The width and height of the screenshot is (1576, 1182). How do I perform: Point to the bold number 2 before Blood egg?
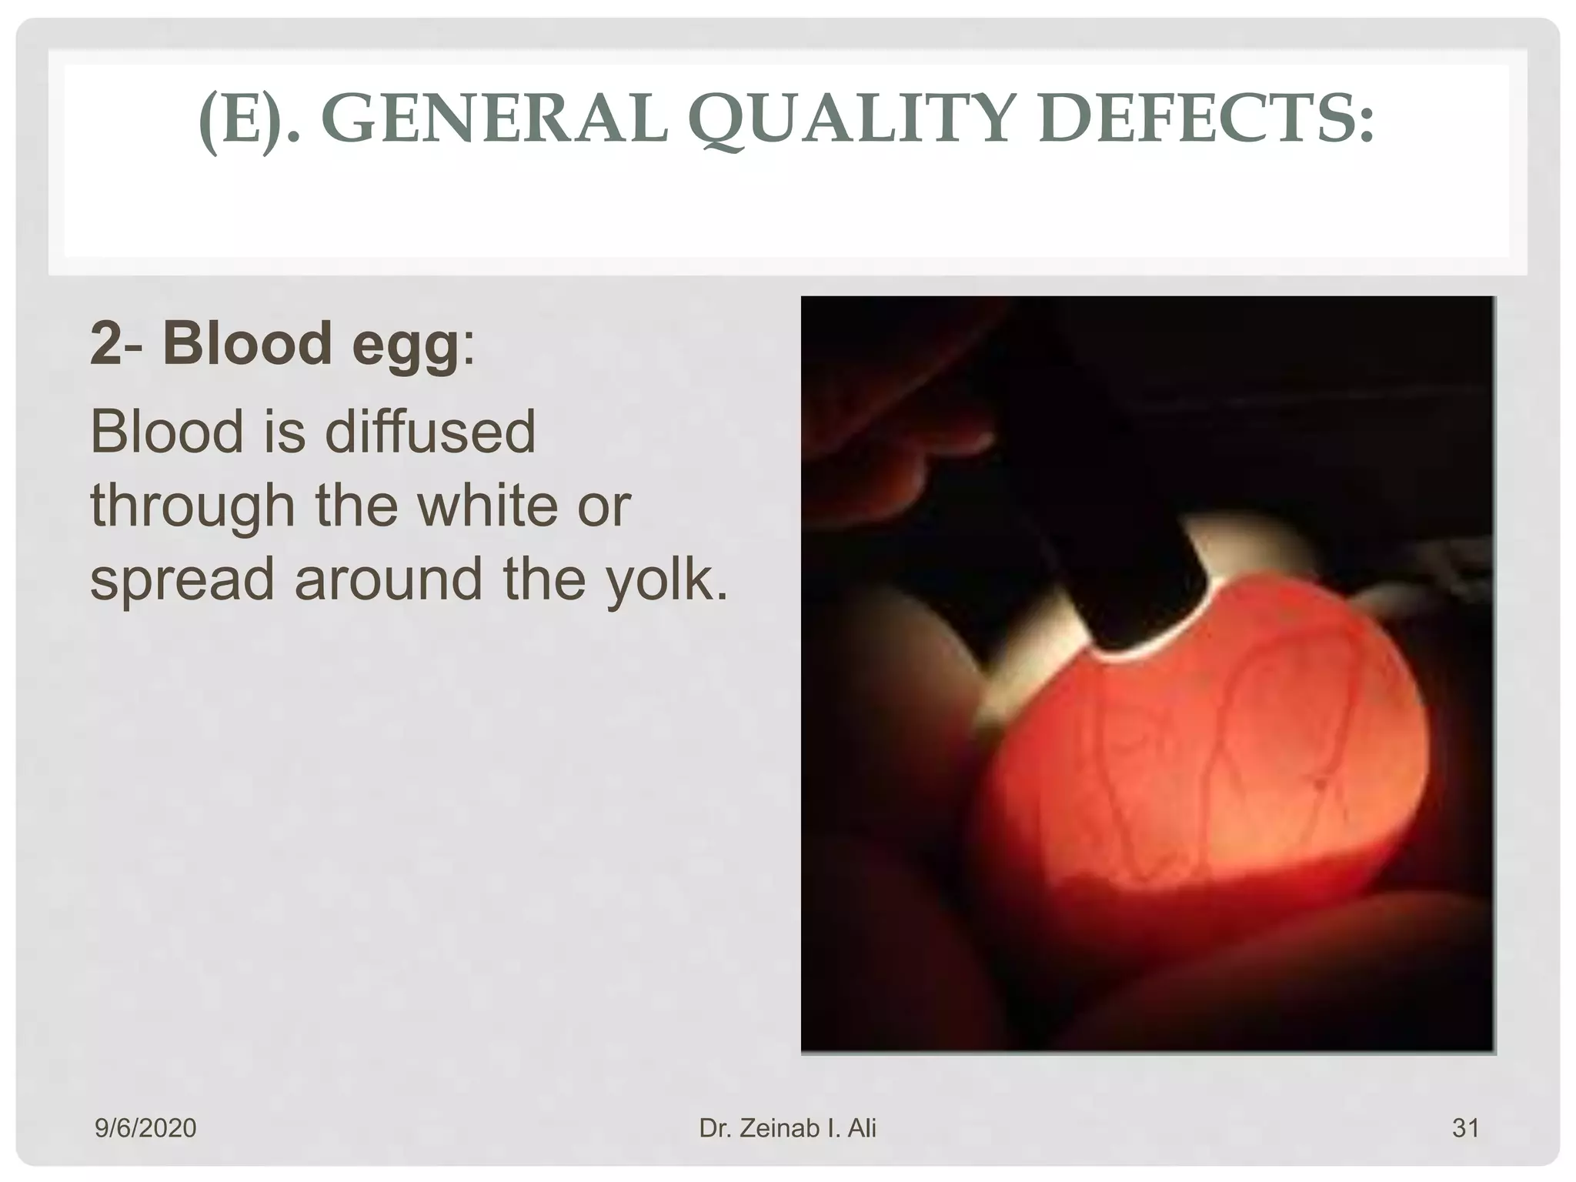pyautogui.click(x=105, y=343)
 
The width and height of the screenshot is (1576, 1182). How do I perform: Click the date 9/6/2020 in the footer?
pyautogui.click(x=145, y=1128)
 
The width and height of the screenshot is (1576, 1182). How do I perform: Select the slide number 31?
pyautogui.click(x=1465, y=1128)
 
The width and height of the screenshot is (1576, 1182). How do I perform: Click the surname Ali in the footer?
pyautogui.click(x=861, y=1128)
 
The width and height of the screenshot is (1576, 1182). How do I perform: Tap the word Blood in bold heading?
pyautogui.click(x=247, y=343)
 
